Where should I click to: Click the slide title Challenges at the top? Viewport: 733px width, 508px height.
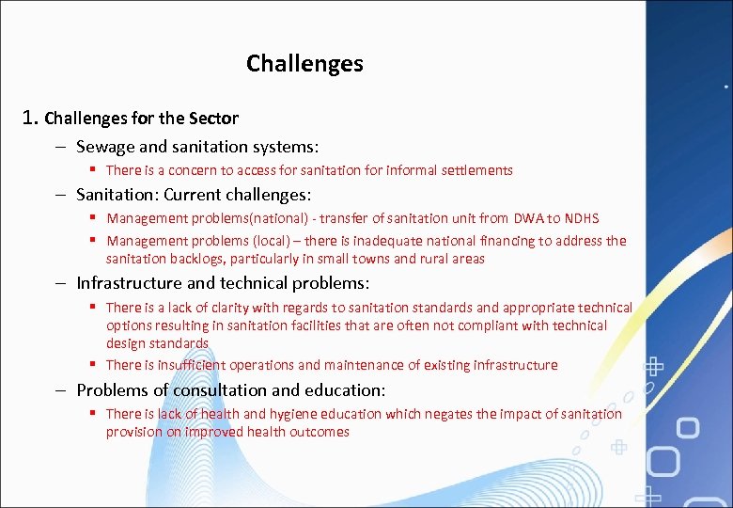304,64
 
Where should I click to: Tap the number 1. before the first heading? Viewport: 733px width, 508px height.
31,118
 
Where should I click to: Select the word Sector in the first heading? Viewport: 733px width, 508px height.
213,119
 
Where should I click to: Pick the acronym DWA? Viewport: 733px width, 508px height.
520,218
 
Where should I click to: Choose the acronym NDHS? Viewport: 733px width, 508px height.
581,218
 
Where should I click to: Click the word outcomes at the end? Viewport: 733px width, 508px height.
320,432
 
